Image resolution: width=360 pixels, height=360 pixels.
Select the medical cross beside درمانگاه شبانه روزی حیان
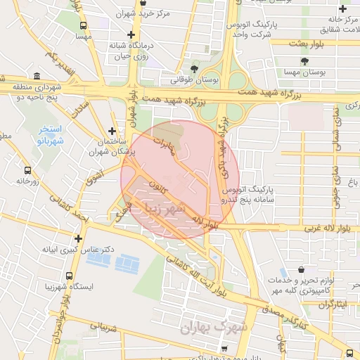(131, 34)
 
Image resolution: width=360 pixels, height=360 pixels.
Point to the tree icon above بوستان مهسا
(304, 61)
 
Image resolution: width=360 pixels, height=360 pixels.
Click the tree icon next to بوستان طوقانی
(194, 69)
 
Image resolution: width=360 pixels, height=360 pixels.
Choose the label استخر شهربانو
(50, 134)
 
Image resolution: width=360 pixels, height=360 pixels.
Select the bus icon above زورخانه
(27, 170)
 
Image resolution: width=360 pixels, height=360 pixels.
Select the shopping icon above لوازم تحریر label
(301, 270)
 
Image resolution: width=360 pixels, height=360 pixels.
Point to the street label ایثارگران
(330, 304)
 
